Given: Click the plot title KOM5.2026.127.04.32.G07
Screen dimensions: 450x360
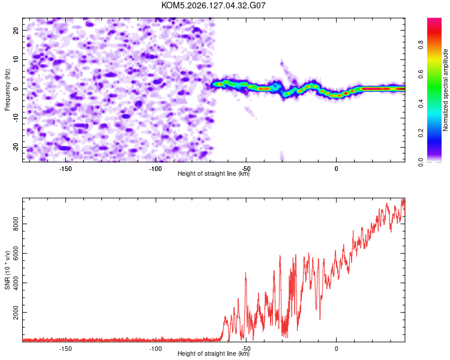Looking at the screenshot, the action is point(213,5).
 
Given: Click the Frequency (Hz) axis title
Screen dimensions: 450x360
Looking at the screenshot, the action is point(7,90).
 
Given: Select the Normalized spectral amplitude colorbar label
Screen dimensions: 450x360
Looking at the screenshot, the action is point(445,90).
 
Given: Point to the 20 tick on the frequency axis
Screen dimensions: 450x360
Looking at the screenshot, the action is point(16,30).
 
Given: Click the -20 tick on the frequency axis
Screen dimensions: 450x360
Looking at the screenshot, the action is point(16,148).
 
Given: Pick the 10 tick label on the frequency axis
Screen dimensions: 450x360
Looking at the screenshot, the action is point(16,59).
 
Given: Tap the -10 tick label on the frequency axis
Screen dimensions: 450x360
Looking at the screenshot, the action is point(16,118).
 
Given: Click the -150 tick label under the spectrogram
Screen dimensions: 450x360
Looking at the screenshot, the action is point(65,169).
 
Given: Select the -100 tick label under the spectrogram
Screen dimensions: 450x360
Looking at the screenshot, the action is point(155,169).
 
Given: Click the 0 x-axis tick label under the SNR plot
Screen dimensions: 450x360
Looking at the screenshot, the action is point(337,349).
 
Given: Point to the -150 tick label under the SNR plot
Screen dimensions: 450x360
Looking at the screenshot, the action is point(65,349).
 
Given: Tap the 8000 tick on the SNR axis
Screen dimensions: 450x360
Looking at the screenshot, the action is point(16,224).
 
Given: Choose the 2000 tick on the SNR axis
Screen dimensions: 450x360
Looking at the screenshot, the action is point(16,313).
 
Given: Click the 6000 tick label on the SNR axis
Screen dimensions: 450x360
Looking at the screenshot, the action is point(16,253).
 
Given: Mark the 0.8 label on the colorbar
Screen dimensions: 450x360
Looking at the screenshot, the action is point(421,45).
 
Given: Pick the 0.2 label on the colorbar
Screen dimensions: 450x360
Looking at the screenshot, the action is point(421,133).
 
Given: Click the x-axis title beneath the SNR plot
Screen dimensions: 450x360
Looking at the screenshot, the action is point(214,353).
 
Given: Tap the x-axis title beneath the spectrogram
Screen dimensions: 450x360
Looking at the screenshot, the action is point(214,173).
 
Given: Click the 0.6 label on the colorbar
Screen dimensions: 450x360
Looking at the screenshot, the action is point(421,74).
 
